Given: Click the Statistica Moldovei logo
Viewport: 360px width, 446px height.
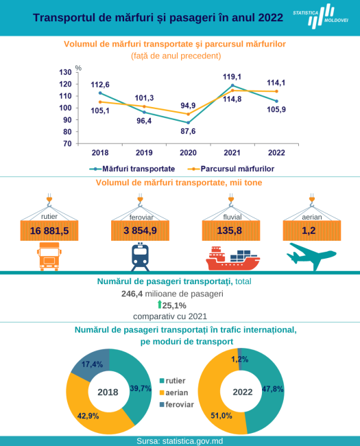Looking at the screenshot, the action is click(x=321, y=16).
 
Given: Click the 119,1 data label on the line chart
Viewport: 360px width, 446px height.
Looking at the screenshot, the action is click(x=232, y=77).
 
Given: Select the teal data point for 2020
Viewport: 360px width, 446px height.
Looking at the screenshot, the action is click(x=189, y=123).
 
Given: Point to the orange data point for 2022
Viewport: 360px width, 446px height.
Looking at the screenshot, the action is click(x=276, y=91).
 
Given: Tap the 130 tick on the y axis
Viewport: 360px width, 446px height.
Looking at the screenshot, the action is click(x=65, y=72).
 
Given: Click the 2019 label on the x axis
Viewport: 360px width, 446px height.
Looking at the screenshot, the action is click(x=144, y=153).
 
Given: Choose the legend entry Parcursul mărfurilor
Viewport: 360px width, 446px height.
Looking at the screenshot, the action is click(x=231, y=169).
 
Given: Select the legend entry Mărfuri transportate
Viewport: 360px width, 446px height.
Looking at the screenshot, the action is click(x=132, y=169).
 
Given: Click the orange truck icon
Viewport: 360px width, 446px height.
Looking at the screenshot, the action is click(x=49, y=257).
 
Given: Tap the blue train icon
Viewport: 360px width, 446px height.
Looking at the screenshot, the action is click(x=140, y=257).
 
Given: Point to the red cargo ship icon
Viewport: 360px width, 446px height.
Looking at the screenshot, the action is click(x=232, y=258).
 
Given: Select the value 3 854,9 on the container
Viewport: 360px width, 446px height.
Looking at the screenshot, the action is click(x=140, y=231).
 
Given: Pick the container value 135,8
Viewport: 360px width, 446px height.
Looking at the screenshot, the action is click(x=230, y=231).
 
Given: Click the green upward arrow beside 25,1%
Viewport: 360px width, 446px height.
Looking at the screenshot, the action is click(x=160, y=305).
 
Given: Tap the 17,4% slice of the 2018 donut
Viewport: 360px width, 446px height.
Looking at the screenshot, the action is click(x=92, y=364).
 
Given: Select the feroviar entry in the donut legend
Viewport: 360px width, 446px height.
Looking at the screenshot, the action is click(x=177, y=404).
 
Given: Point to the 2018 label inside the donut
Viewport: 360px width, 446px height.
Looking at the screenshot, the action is click(x=108, y=392).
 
